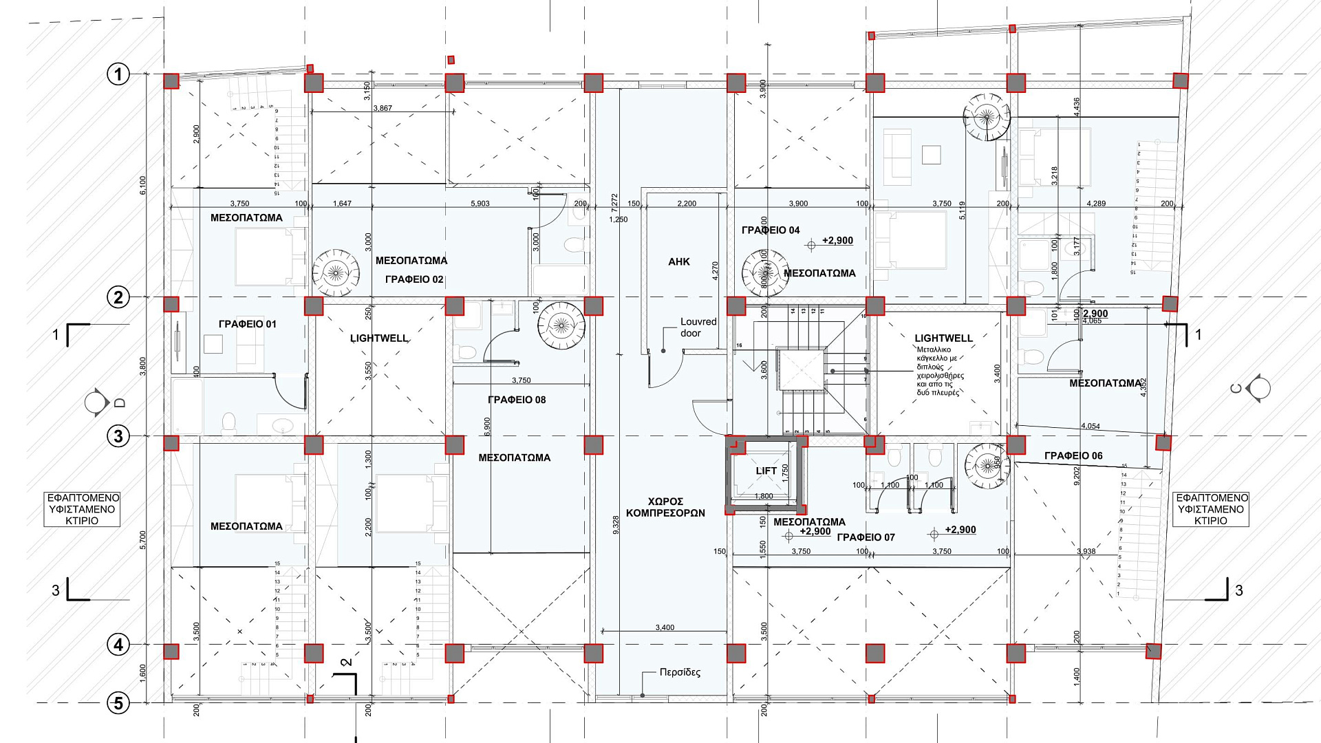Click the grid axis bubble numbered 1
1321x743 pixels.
click(x=118, y=74)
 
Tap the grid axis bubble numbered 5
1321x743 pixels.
click(x=118, y=703)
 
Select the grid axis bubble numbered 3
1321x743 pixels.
click(x=118, y=435)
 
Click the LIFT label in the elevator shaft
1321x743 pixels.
click(x=766, y=471)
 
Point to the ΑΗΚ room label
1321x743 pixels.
click(x=678, y=261)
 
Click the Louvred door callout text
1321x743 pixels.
click(x=698, y=327)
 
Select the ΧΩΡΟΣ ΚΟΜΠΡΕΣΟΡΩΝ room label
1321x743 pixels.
click(x=665, y=507)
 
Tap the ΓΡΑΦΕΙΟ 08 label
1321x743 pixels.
click(x=516, y=400)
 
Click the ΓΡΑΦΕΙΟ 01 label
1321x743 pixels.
click(x=247, y=324)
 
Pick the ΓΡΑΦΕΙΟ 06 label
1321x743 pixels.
click(x=1073, y=455)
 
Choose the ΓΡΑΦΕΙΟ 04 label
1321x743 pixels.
click(x=771, y=230)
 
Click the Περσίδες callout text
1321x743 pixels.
click(x=679, y=672)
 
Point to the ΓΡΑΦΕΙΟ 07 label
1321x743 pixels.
click(x=866, y=537)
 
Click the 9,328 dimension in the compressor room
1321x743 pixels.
click(x=615, y=525)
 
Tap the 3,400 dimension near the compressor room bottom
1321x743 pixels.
click(x=665, y=627)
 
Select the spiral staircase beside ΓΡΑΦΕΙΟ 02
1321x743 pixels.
click(x=336, y=272)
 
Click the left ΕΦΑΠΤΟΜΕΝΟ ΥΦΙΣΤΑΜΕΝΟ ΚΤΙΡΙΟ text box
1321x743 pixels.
click(x=82, y=509)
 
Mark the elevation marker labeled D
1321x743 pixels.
click(x=97, y=402)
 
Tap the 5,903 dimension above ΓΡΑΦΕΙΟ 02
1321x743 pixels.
click(x=480, y=204)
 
